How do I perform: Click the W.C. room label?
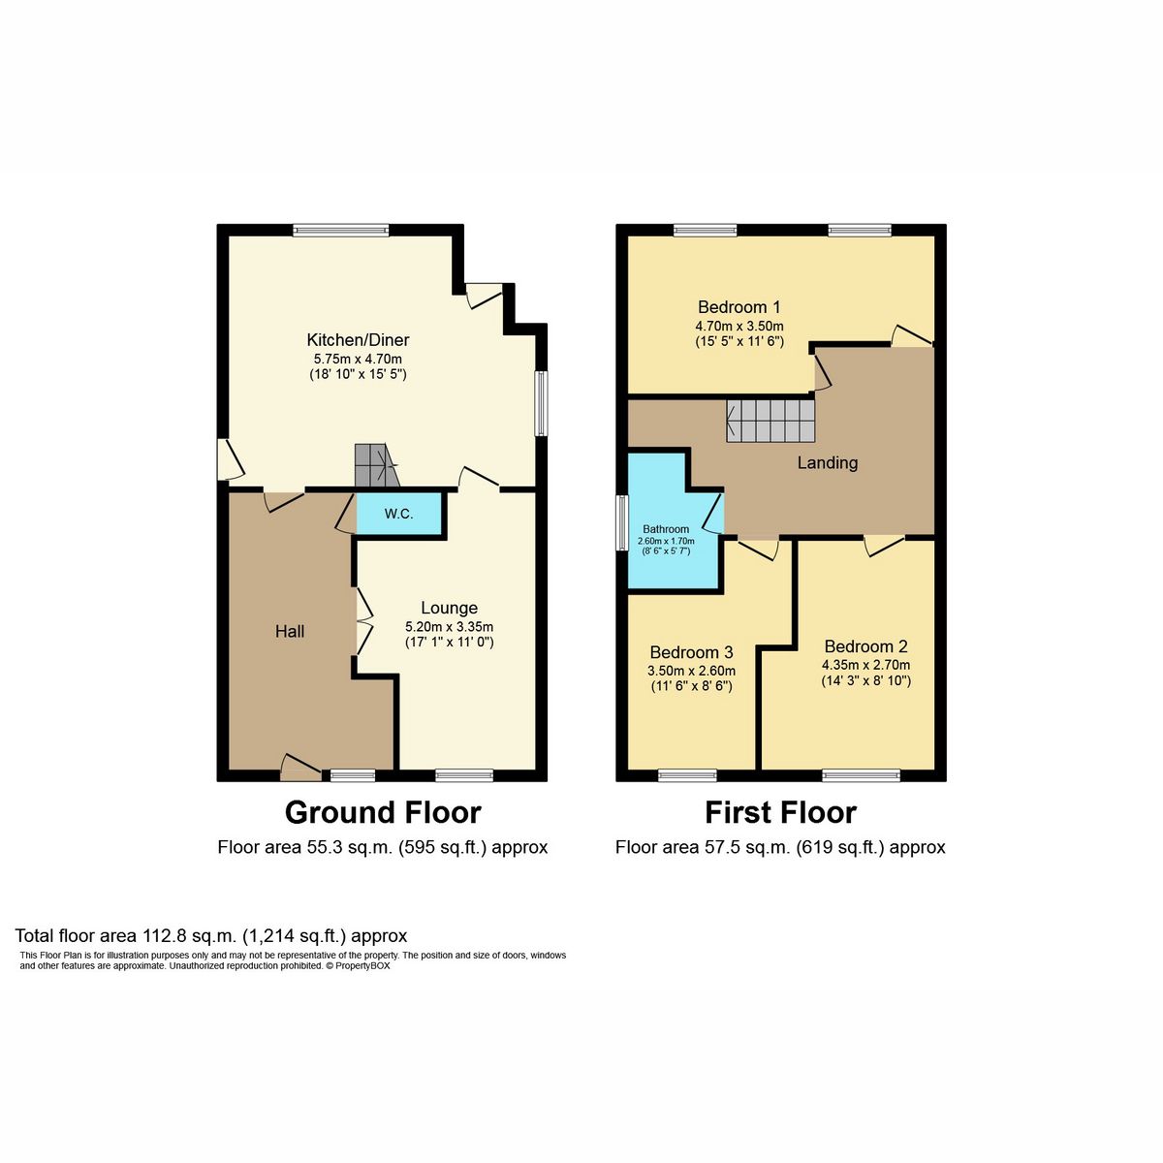coord(398,514)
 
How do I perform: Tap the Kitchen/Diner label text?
coord(358,339)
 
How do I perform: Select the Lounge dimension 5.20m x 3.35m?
coord(449,627)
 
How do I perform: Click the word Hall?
coord(290,631)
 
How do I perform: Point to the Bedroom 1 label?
coord(739,306)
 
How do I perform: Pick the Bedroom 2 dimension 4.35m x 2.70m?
coord(866,665)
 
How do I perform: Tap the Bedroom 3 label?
coord(692,652)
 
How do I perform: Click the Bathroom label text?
coord(666,529)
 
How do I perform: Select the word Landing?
coord(828,463)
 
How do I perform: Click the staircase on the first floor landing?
coord(770,422)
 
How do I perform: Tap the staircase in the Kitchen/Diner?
coord(377,465)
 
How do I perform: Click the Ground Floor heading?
coord(383,812)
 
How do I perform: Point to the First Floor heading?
coord(780,812)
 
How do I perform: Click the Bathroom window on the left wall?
coord(621,523)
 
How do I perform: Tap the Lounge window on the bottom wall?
coord(465,775)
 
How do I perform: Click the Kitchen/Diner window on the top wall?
coord(341,230)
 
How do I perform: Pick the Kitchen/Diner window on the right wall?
coord(542,403)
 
